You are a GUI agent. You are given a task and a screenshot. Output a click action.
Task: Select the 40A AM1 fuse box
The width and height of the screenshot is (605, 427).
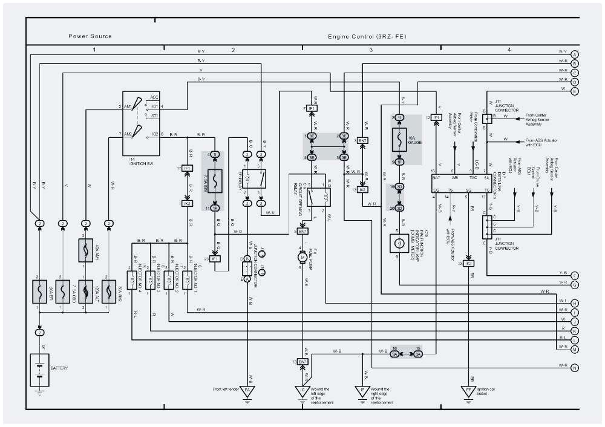(85, 250)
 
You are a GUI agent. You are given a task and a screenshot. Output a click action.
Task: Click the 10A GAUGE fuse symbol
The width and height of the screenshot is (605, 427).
(398, 140)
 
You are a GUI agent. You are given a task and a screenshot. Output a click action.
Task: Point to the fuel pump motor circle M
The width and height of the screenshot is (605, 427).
(301, 258)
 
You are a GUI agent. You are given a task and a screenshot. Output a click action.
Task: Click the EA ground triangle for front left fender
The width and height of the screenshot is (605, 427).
(247, 391)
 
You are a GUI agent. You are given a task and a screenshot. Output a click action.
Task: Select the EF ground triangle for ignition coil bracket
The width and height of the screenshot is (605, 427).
(469, 391)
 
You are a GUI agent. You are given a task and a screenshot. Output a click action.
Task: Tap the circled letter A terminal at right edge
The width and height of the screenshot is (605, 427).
(575, 54)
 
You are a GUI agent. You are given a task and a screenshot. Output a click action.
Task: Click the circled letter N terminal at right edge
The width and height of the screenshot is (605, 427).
(575, 367)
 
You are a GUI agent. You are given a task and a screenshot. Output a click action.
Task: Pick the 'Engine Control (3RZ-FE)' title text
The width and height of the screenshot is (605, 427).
(367, 36)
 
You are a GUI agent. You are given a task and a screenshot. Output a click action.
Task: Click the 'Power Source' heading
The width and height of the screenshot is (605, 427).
(90, 36)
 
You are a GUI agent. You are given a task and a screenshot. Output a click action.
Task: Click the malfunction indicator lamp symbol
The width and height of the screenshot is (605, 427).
(398, 243)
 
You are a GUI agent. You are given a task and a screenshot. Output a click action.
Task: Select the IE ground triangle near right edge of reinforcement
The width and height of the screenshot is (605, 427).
(363, 391)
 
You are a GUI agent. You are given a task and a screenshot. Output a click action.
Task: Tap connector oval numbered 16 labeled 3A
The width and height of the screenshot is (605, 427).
(395, 353)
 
